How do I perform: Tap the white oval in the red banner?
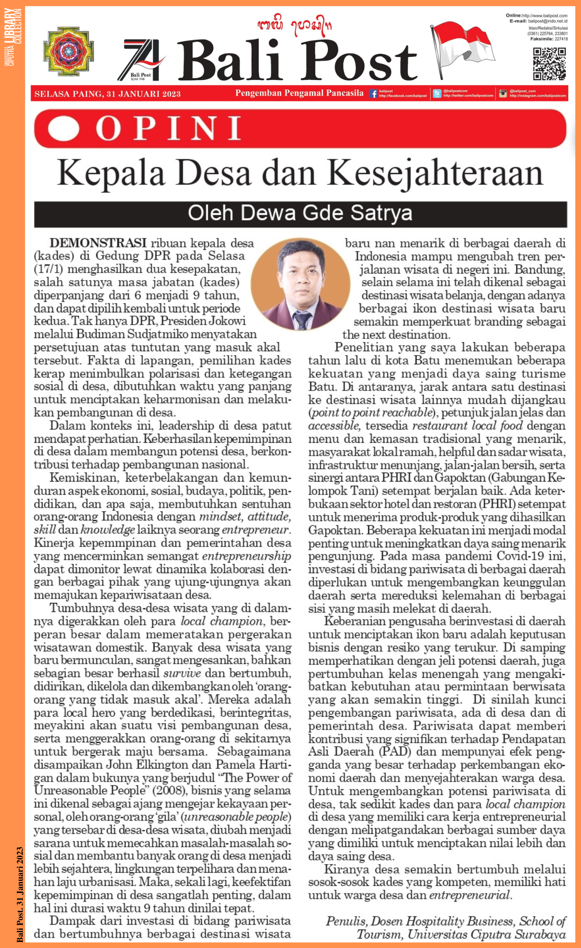[64, 128]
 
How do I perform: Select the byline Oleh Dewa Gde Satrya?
[300, 214]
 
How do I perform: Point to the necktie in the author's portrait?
[302, 320]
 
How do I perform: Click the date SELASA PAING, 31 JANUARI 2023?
[108, 94]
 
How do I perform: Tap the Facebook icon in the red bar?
[373, 94]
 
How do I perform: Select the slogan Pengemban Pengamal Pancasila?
[299, 93]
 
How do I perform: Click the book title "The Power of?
[257, 778]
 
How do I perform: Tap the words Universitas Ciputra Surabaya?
[486, 934]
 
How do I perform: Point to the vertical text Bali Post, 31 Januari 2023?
[19, 894]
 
